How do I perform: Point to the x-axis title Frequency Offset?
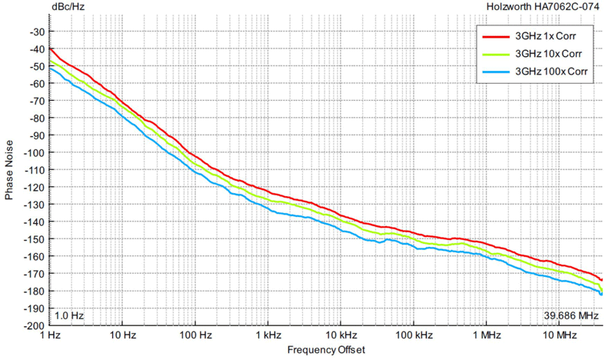tap(326, 350)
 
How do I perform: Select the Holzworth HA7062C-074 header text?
tap(544, 7)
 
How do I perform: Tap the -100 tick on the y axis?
tap(35, 152)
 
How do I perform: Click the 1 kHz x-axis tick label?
tap(268, 336)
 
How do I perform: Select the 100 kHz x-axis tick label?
tap(414, 336)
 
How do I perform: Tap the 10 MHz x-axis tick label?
tap(559, 336)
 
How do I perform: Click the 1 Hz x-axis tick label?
tap(49, 336)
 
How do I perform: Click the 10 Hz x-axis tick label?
tap(122, 336)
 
